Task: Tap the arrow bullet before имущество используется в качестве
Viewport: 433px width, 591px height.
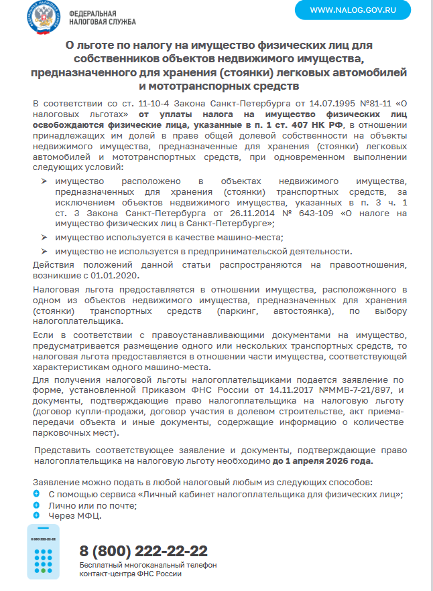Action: click(x=44, y=238)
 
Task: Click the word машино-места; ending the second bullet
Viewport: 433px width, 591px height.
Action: click(x=253, y=238)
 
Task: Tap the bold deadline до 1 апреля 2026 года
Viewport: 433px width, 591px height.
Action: click(x=322, y=461)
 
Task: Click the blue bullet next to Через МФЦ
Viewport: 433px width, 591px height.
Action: click(x=36, y=515)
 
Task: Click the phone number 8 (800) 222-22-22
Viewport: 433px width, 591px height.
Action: click(x=143, y=551)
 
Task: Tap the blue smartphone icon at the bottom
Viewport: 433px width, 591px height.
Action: click(x=44, y=552)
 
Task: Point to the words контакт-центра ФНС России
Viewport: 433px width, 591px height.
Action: click(x=130, y=574)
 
